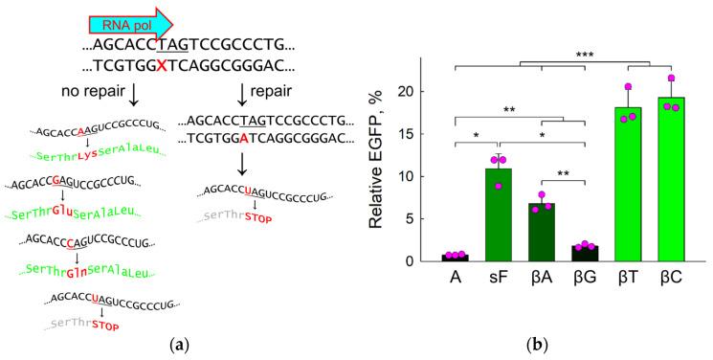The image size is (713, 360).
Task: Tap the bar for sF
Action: pos(498,215)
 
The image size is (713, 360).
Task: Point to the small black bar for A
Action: pos(456,258)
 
